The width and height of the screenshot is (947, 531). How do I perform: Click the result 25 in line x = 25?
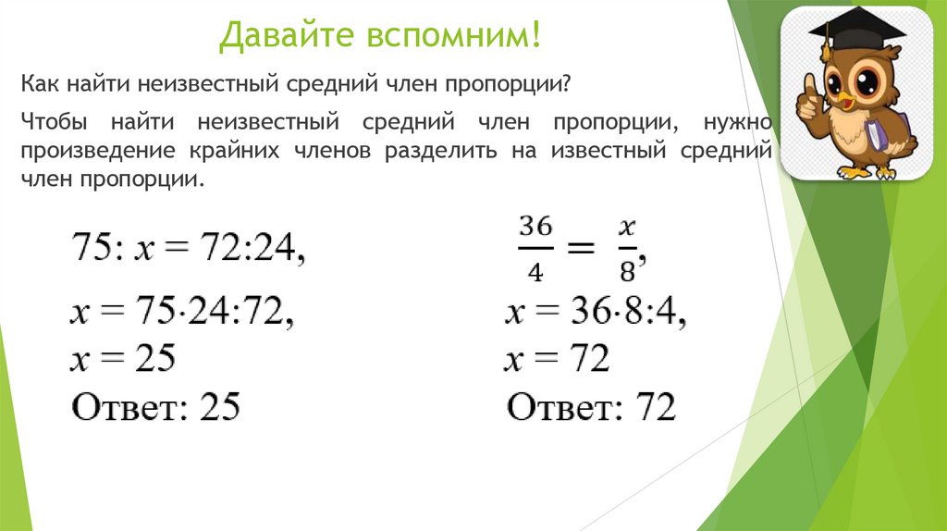[154, 358]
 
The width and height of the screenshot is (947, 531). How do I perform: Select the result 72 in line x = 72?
[588, 358]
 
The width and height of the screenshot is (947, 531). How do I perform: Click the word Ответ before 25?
[126, 406]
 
